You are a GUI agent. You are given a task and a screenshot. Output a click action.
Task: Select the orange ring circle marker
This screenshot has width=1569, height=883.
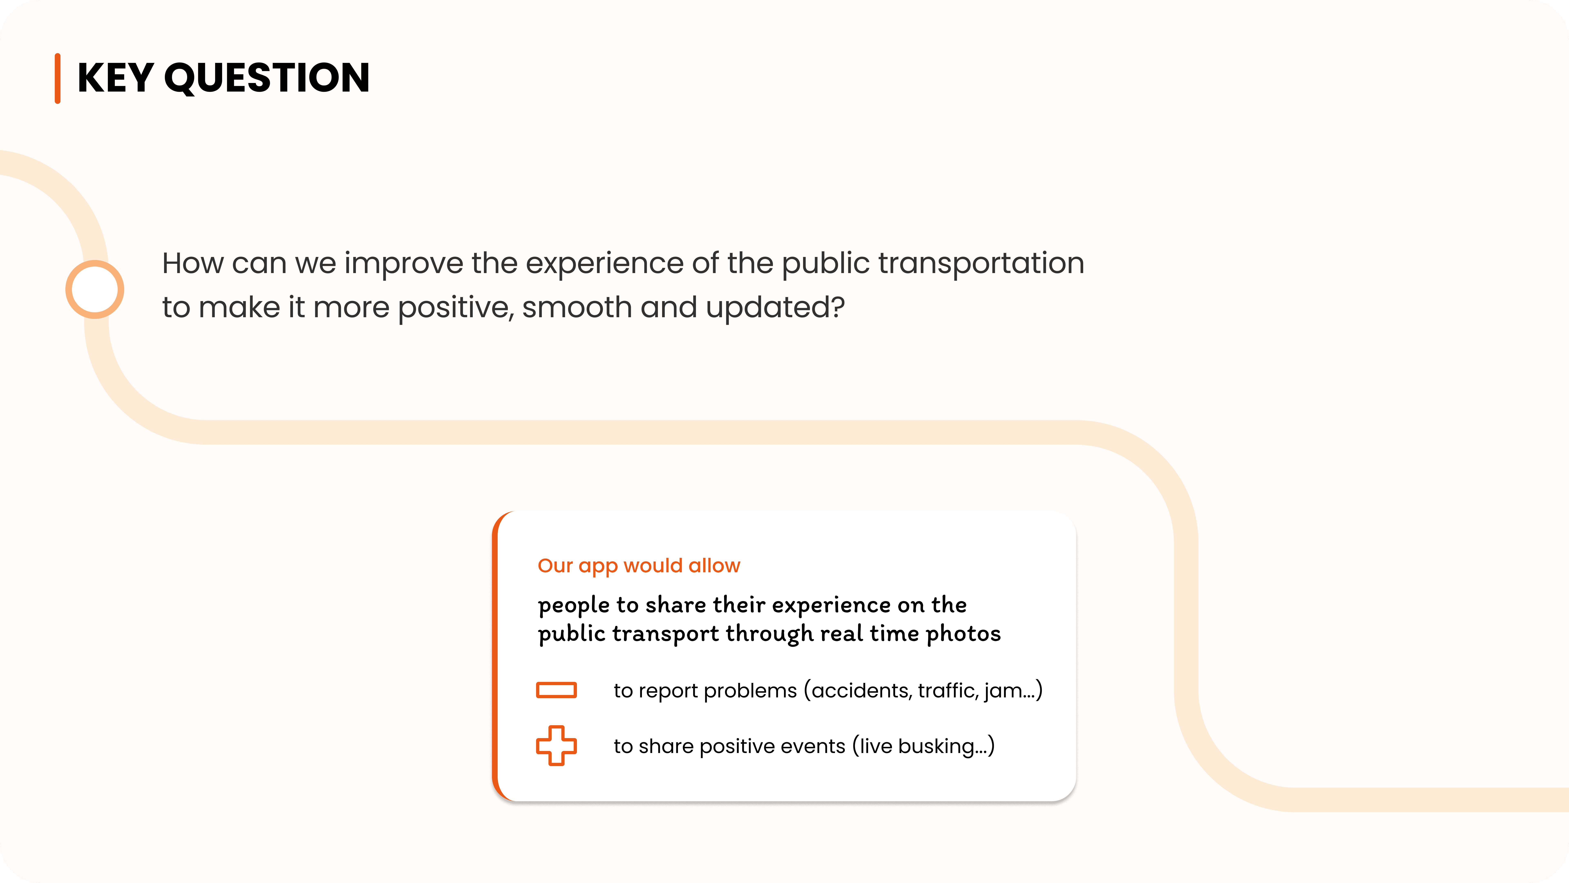tap(95, 289)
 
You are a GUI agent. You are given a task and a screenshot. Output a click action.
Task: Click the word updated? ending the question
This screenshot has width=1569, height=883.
tap(775, 308)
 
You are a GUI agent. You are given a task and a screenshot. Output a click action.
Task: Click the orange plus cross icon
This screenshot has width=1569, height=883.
tap(556, 745)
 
